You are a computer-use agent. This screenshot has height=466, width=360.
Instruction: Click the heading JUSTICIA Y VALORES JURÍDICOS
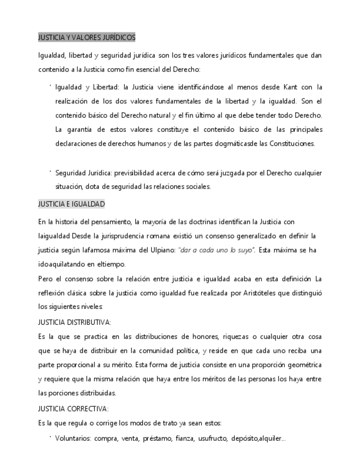[87, 37]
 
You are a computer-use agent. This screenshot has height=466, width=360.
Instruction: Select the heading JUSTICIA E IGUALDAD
[71, 204]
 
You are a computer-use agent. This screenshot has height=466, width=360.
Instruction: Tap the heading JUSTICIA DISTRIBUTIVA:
[75, 322]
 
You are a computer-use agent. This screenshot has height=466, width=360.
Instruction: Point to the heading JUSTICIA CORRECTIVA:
[74, 409]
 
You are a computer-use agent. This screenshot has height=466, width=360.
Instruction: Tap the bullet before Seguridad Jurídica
[50, 171]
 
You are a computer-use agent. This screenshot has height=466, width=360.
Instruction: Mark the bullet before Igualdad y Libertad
[50, 86]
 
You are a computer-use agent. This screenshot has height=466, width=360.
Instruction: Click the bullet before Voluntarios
[50, 437]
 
